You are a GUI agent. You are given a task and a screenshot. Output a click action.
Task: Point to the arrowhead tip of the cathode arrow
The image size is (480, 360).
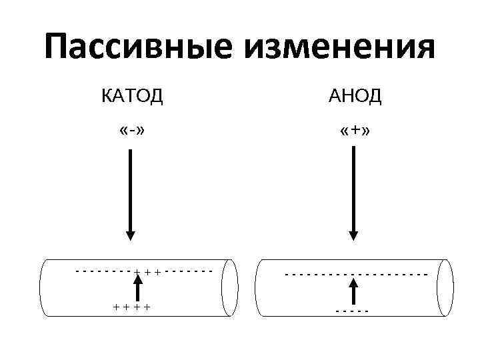tap(131, 238)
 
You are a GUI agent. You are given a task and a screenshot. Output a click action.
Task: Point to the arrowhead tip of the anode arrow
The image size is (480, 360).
tap(354, 238)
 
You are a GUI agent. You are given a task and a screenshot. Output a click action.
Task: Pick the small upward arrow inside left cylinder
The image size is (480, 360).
tap(138, 289)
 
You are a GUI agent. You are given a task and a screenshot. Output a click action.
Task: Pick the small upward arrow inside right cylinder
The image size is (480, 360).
tap(354, 291)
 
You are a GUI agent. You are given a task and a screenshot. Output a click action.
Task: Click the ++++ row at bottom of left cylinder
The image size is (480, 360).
tap(131, 307)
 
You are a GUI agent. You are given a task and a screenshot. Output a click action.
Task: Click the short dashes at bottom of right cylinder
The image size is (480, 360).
tap(353, 311)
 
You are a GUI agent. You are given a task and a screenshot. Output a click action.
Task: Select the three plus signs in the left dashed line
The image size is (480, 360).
tap(147, 272)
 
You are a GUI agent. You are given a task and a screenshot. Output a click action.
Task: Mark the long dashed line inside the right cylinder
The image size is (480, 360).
tap(355, 274)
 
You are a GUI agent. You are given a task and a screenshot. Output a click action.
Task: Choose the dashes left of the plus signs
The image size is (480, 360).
tap(103, 271)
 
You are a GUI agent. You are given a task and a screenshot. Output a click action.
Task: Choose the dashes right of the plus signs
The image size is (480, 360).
tap(189, 271)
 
